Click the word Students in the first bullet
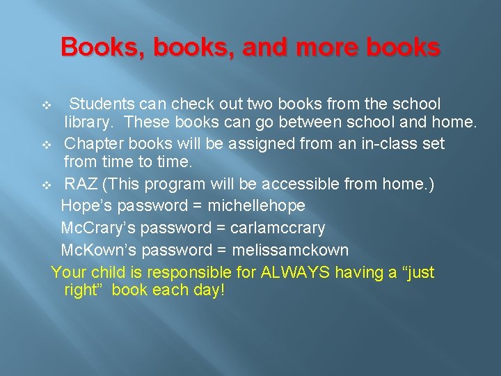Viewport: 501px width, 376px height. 103,104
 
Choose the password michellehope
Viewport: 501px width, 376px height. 256,206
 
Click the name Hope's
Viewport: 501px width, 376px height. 87,206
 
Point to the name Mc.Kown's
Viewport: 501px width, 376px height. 97,250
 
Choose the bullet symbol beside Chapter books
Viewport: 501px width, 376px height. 46,146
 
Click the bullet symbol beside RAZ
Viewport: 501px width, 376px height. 46,186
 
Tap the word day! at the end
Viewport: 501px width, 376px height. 206,290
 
